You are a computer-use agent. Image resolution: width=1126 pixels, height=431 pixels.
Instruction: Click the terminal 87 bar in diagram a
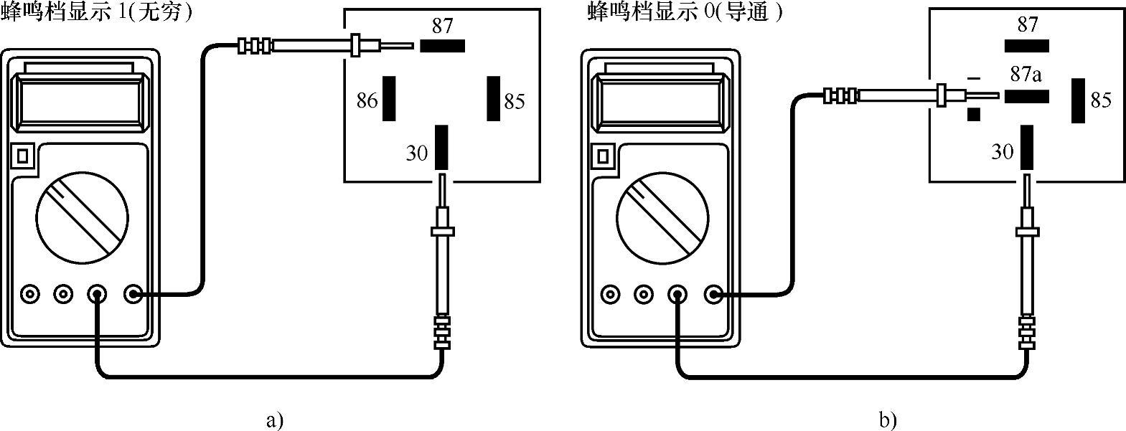442,46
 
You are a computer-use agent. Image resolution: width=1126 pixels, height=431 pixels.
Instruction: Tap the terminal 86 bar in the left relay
389,98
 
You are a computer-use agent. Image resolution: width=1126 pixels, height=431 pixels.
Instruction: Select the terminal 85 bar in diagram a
493,98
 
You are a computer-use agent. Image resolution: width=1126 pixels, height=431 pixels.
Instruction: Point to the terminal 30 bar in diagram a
441,147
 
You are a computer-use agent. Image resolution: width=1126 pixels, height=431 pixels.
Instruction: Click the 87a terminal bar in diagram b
1026,96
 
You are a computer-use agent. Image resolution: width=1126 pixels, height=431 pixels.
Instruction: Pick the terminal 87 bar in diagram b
1026,46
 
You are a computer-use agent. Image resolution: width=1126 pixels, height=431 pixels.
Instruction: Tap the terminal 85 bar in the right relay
1078,100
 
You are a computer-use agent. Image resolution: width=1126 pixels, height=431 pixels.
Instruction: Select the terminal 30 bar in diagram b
1026,147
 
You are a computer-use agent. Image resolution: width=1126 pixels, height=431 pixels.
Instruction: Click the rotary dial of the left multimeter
82,217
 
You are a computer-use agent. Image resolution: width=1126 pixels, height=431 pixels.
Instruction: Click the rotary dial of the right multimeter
662,217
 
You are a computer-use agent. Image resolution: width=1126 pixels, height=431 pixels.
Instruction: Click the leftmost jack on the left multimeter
30,294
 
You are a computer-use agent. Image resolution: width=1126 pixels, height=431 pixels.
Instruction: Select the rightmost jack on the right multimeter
714,294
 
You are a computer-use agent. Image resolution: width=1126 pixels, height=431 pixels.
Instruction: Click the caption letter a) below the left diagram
274,420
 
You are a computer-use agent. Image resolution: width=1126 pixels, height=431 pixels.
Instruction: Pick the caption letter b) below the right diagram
888,420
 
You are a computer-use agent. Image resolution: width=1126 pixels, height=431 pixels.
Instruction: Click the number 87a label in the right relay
1026,75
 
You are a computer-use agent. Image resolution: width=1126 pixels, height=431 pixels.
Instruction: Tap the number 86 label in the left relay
367,100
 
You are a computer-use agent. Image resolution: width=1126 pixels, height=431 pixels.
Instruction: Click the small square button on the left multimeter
23,156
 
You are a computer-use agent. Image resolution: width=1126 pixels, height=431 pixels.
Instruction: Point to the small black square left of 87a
974,115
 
